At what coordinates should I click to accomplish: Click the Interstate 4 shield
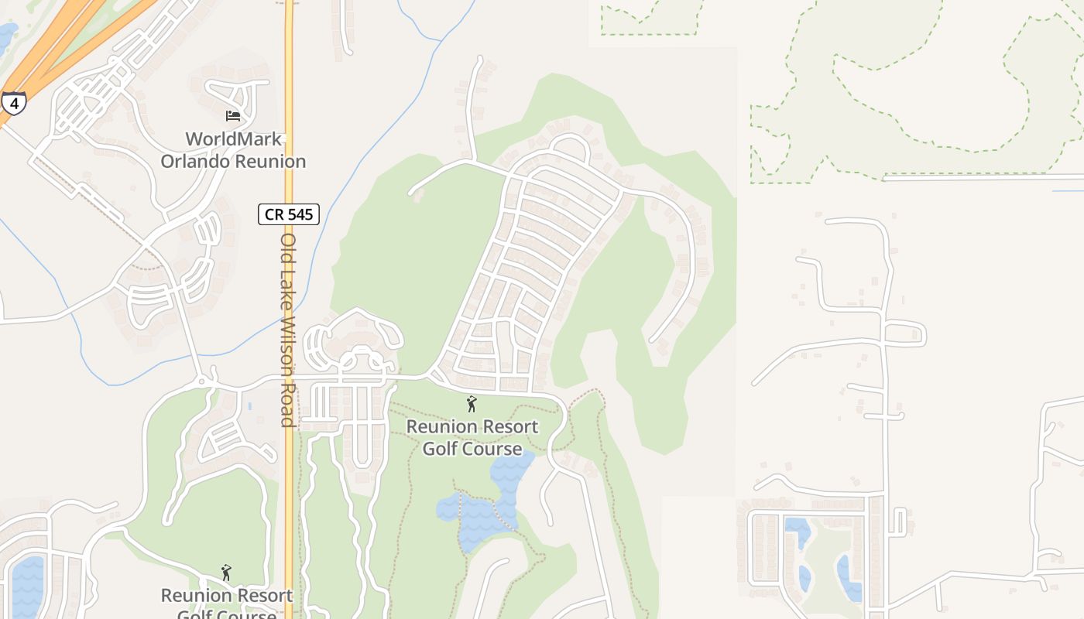tap(13, 102)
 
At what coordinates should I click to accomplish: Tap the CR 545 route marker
tap(289, 214)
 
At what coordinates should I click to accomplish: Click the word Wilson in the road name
tap(287, 349)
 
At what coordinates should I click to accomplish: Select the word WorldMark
tap(233, 140)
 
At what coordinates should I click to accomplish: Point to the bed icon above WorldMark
tap(233, 116)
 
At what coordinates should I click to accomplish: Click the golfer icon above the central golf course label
tap(472, 404)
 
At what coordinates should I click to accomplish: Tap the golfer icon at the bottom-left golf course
tap(226, 573)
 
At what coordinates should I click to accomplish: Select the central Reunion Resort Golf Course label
tap(472, 437)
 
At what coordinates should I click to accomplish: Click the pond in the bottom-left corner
tap(28, 588)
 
